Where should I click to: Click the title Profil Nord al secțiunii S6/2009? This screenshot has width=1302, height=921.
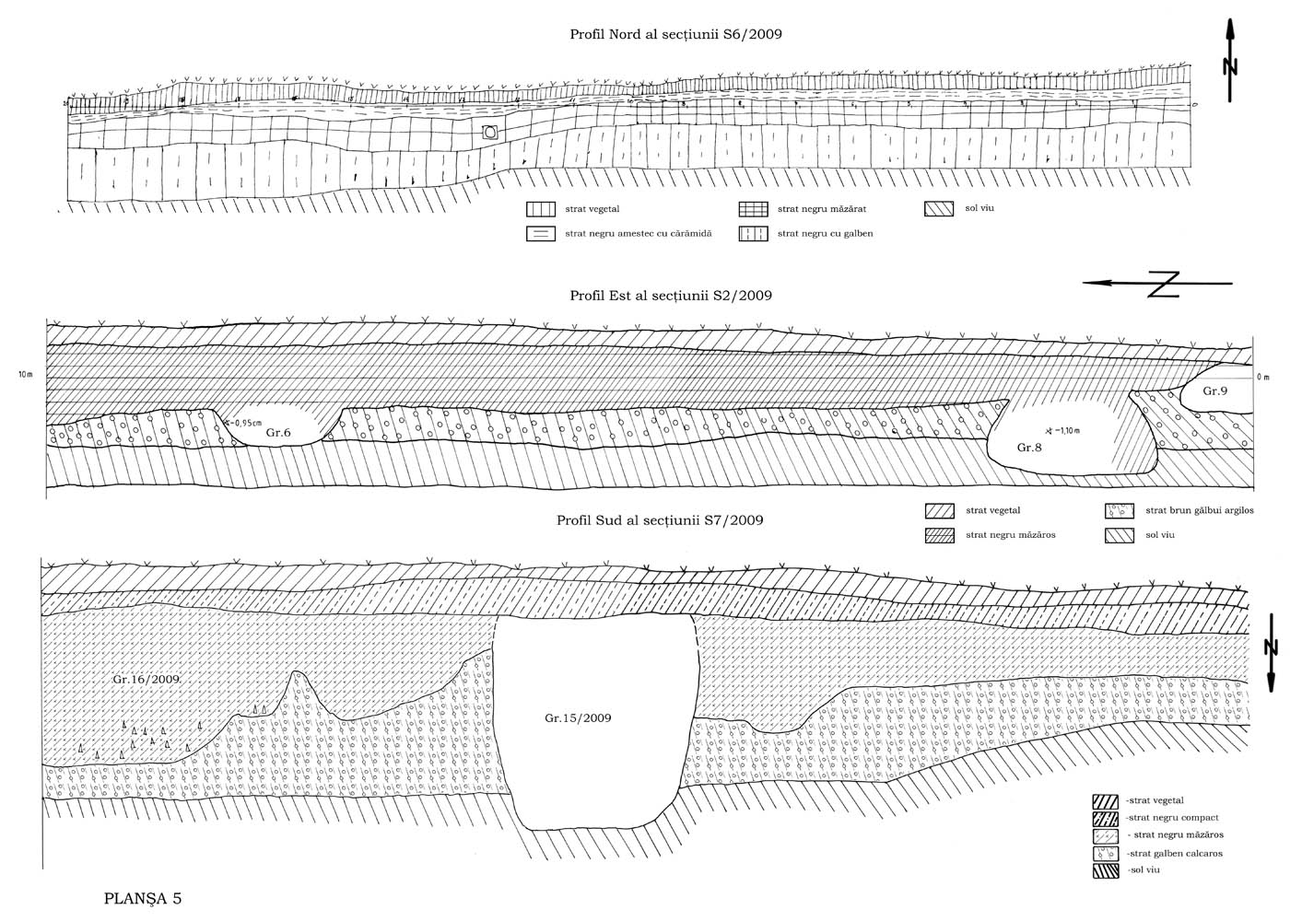[677, 34]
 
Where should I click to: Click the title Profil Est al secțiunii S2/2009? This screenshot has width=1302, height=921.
[670, 296]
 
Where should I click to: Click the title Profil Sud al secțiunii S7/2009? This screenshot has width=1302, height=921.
[660, 520]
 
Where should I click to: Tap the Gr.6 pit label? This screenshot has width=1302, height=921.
[279, 432]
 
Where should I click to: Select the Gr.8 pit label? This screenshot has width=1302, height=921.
[1029, 448]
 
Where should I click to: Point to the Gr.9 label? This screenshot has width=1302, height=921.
[1215, 391]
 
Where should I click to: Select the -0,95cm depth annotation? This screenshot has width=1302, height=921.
[243, 423]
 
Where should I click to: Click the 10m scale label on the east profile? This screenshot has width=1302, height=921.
[25, 375]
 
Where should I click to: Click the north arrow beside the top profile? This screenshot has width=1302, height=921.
[1230, 60]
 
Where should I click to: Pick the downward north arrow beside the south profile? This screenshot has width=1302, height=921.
[1271, 650]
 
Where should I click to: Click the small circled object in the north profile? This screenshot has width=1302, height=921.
[490, 133]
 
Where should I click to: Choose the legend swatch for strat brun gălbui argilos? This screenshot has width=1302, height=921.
[1120, 510]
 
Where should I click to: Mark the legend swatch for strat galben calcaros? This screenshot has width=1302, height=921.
[1105, 853]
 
